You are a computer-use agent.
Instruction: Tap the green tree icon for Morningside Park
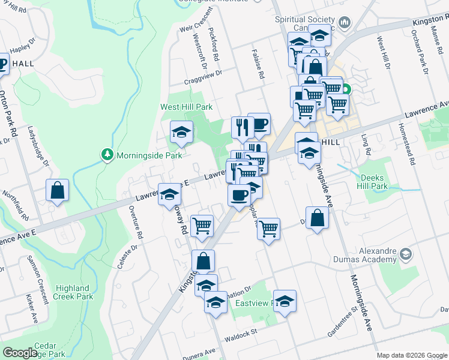(x=107, y=155)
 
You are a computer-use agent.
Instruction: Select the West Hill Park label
(x=186, y=107)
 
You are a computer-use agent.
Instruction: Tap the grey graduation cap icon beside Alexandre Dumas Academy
(x=406, y=255)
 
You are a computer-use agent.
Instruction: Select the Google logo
(x=20, y=353)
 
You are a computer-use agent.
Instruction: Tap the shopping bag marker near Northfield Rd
(x=57, y=191)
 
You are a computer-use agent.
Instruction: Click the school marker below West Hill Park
(x=180, y=132)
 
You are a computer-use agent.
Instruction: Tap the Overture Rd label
(x=139, y=220)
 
